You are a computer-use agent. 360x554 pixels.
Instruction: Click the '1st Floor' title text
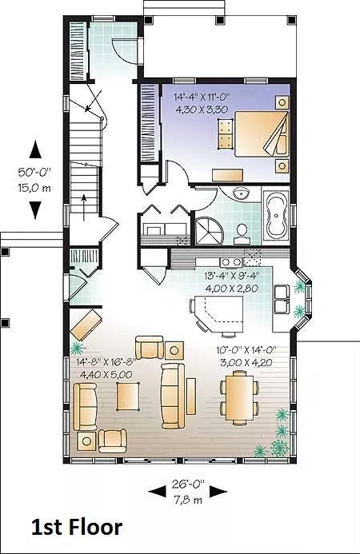pyautogui.click(x=77, y=528)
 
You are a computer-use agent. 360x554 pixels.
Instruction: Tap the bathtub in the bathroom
pyautogui.click(x=277, y=217)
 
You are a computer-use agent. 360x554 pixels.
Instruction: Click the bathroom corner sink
pyautogui.click(x=242, y=193)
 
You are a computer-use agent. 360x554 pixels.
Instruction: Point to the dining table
pyautogui.click(x=240, y=397)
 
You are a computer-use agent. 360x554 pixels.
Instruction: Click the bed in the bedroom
pyautogui.click(x=262, y=134)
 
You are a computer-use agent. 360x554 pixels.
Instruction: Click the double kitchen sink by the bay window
pyautogui.click(x=282, y=299)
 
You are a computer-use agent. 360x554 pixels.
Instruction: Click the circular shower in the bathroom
pyautogui.click(x=209, y=230)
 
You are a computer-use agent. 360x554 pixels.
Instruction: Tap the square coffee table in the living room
pyautogui.click(x=128, y=397)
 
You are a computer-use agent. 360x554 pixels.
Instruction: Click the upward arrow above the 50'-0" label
pyautogui.click(x=35, y=149)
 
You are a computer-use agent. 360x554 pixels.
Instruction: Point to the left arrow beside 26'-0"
pyautogui.click(x=157, y=492)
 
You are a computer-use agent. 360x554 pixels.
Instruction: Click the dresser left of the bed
pyautogui.click(x=226, y=134)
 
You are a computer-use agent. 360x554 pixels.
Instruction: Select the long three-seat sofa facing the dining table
pyautogui.click(x=173, y=397)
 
